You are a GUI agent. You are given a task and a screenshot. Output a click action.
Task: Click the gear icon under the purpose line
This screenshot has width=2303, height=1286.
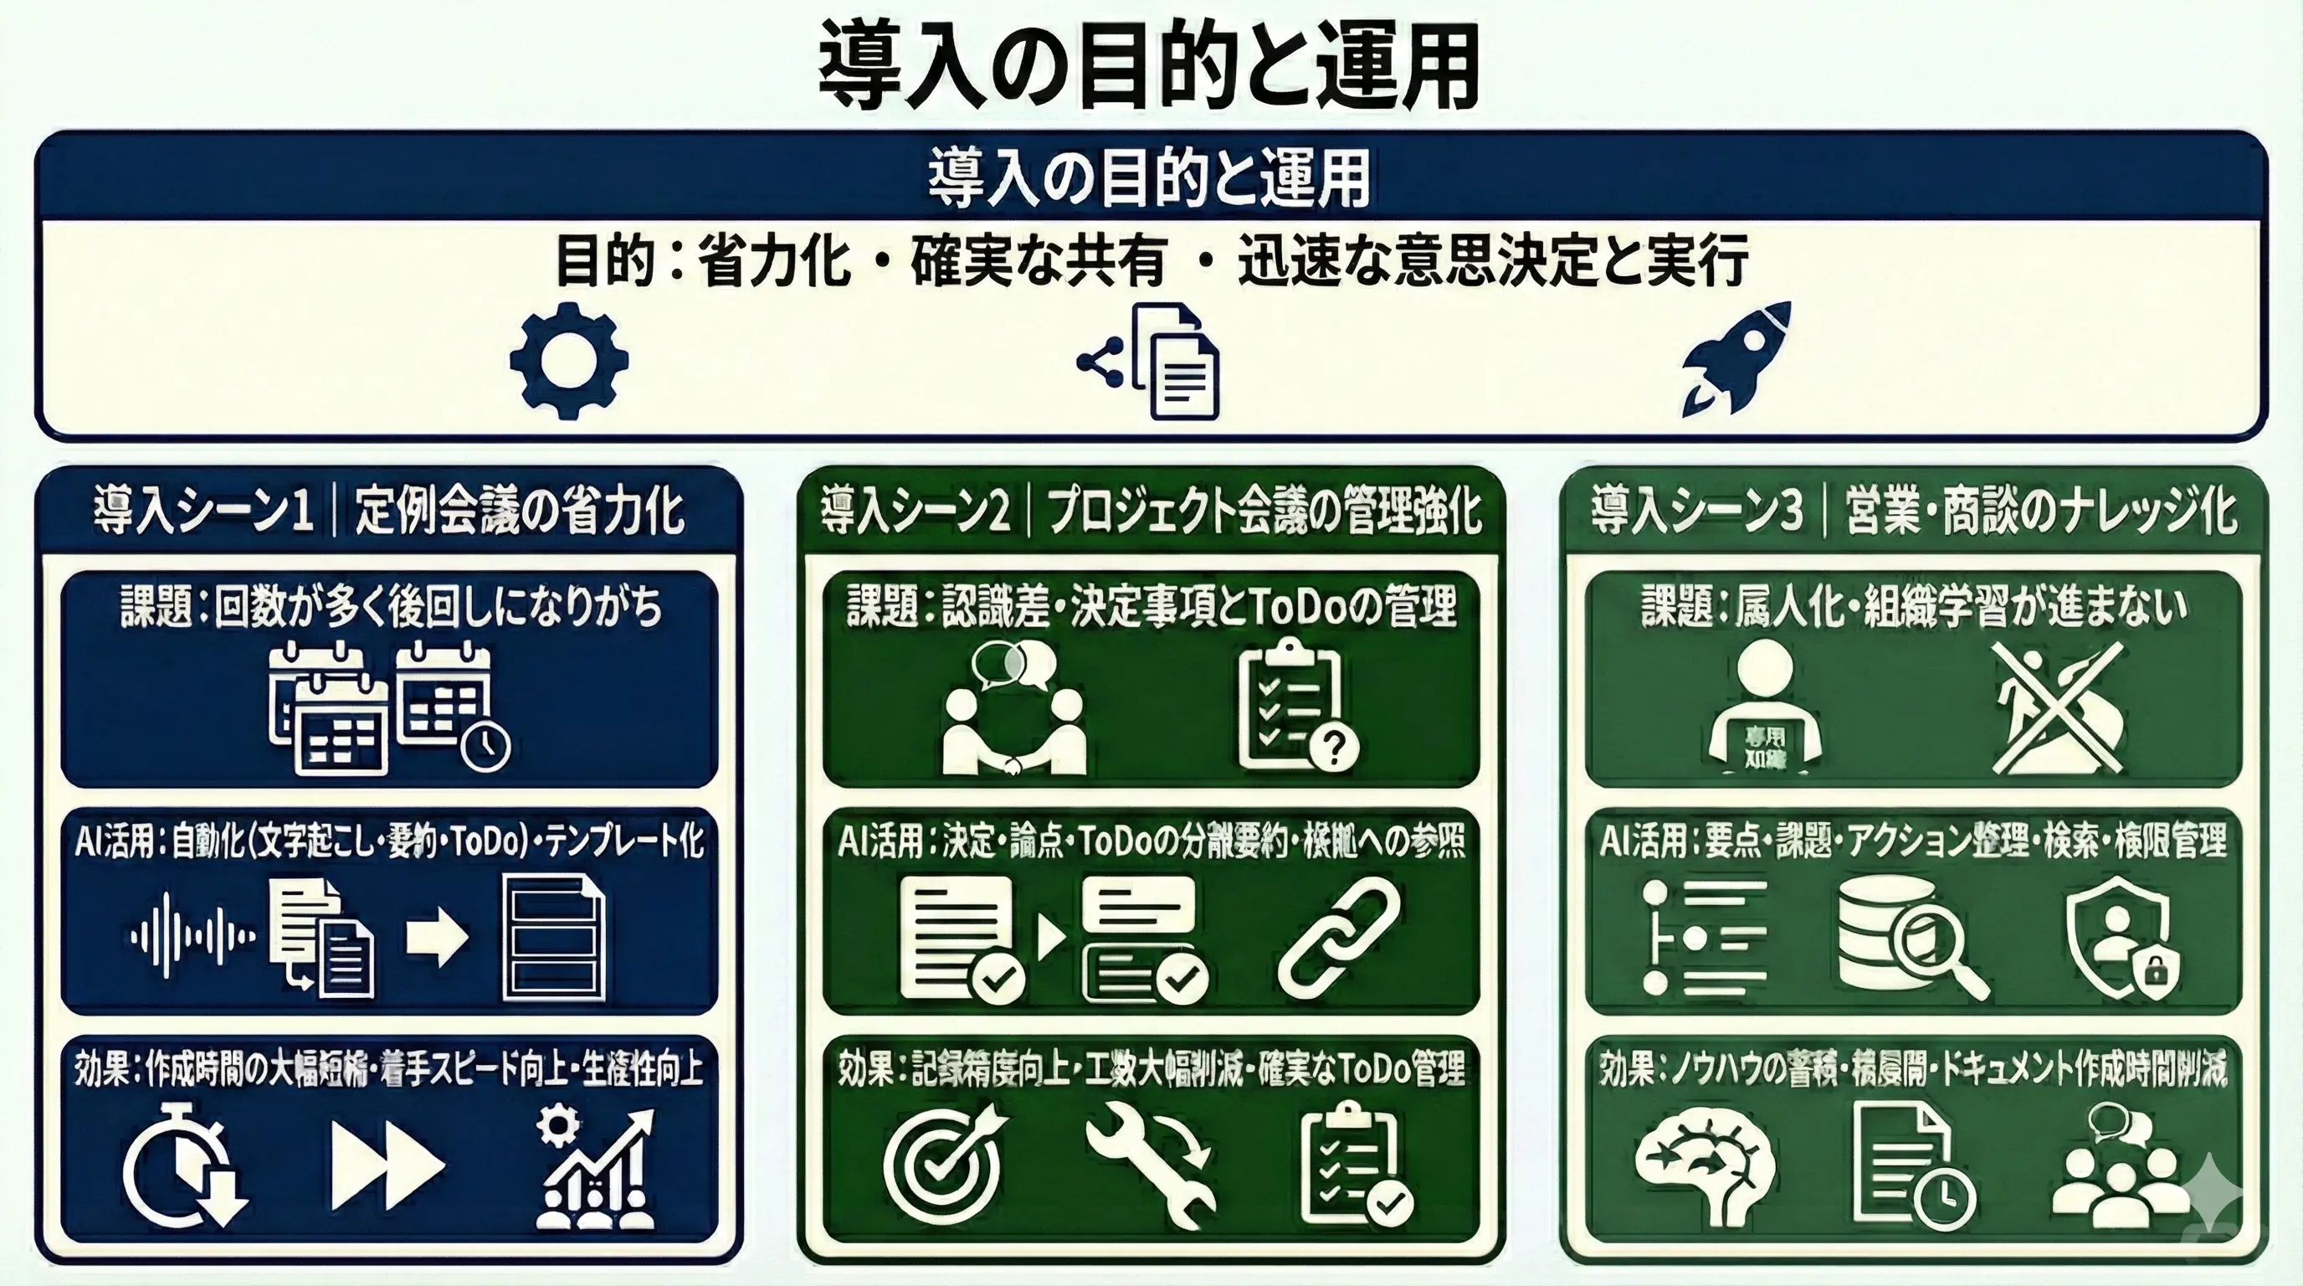(568, 360)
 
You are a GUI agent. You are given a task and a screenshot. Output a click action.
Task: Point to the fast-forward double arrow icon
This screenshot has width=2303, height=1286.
(387, 1165)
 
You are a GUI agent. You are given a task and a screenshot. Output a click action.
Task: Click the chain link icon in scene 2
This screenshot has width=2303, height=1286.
(1338, 936)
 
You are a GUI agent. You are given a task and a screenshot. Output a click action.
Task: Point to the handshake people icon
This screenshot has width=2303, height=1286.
(1013, 711)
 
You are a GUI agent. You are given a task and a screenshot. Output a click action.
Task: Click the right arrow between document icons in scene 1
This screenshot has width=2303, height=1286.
(437, 937)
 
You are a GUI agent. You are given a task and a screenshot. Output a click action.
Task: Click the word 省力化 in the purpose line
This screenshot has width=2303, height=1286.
(773, 261)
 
